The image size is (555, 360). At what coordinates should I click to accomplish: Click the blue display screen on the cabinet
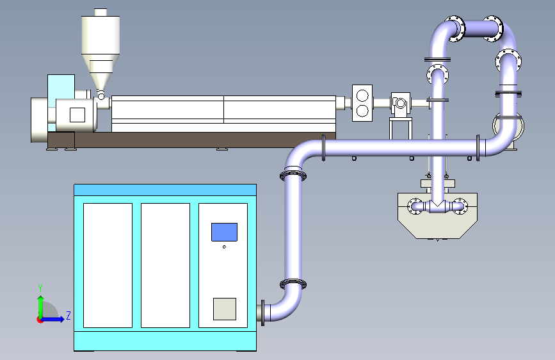tap(224, 232)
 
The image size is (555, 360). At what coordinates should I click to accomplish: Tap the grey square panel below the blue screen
tap(225, 309)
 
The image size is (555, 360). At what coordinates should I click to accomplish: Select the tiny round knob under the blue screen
tap(224, 247)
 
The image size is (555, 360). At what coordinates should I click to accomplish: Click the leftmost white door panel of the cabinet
tap(108, 265)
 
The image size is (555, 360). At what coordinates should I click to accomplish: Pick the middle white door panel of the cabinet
tap(165, 265)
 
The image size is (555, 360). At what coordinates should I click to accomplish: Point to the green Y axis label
tap(40, 288)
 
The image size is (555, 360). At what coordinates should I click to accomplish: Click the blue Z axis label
tap(68, 315)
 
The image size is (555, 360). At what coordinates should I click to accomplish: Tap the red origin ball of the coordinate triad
tap(40, 320)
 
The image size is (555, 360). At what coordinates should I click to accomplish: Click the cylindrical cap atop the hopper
tap(101, 12)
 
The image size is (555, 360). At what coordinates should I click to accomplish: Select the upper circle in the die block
tap(362, 95)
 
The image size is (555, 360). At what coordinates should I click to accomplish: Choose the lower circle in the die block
tap(362, 111)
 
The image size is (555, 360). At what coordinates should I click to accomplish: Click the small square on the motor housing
tap(77, 115)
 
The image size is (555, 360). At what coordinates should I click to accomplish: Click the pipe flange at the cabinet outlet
tap(262, 313)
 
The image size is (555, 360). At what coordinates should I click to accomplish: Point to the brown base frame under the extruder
tap(191, 140)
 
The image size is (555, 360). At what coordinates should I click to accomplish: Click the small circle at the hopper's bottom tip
tap(101, 96)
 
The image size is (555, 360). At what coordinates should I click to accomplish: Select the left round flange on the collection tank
tap(414, 206)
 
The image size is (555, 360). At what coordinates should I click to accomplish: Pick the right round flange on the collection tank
tap(460, 206)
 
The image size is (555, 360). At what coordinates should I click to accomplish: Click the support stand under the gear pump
tap(400, 128)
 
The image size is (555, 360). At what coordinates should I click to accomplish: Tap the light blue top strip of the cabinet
tap(165, 190)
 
